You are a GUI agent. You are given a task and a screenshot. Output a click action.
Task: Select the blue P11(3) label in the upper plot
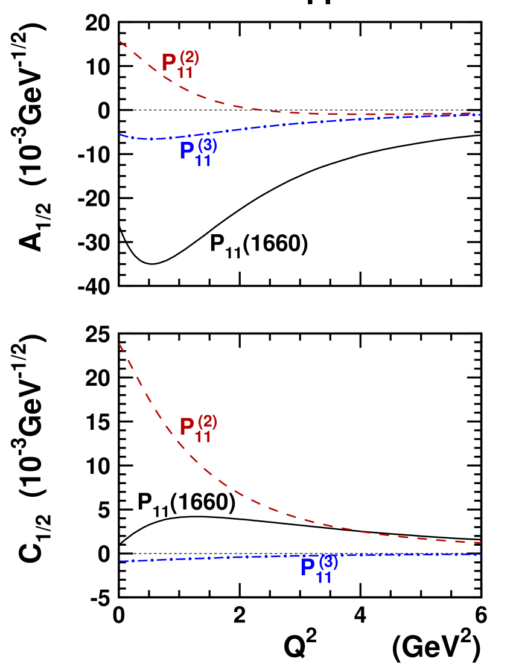pos(198,150)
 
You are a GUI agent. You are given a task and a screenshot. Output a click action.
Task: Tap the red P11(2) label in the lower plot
pos(198,428)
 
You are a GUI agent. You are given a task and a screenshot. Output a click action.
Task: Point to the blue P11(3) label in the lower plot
pos(319,568)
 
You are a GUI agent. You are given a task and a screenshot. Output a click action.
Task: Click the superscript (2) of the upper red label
pos(190,57)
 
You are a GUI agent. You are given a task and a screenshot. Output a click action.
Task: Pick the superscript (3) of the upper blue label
pos(208,145)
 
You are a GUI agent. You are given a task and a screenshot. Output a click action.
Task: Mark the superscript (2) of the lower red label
pos(208,421)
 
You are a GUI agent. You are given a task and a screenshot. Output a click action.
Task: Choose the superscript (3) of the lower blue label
pos(328,562)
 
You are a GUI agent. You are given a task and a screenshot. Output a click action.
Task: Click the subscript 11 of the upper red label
pos(185,73)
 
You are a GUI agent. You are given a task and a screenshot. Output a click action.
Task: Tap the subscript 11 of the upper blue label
pos(203,161)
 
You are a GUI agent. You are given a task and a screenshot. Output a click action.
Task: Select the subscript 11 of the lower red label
pos(203,438)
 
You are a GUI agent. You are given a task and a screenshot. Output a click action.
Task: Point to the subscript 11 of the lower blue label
pos(324,578)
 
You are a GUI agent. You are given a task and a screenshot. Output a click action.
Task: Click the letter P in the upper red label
pos(169,63)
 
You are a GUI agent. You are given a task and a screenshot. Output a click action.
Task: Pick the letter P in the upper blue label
pos(187,151)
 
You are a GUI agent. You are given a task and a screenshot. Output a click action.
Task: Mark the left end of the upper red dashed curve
pos(119,41)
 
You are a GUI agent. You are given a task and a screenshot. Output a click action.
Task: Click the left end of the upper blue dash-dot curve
pos(119,135)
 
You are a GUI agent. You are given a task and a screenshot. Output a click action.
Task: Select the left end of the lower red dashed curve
pos(119,344)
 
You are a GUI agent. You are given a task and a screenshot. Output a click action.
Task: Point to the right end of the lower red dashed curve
pos(480,543)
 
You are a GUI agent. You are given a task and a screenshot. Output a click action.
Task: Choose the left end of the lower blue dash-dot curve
pos(120,561)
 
